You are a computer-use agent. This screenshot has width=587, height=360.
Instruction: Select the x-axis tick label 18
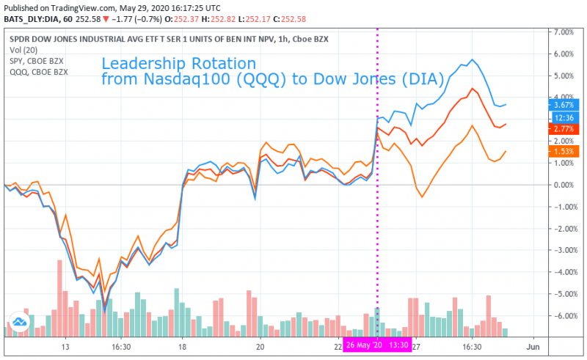coord(182,345)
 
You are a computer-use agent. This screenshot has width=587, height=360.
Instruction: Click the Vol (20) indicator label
coord(23,49)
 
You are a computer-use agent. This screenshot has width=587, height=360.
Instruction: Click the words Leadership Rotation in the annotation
coord(178,63)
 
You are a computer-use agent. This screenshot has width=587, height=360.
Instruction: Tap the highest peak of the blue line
coord(473,59)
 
